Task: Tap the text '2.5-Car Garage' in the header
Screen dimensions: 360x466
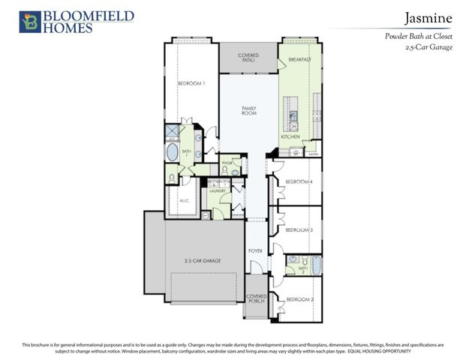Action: (430, 46)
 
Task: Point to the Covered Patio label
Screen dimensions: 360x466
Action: (248, 58)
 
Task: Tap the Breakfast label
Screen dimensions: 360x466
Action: (299, 58)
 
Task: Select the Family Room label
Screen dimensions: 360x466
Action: (249, 110)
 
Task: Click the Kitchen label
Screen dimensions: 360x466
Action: (290, 137)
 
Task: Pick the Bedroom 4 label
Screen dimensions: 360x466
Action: (299, 181)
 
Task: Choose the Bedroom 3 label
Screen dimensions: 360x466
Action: (299, 229)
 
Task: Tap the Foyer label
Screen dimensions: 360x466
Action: (255, 250)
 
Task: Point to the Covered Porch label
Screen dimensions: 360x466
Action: (257, 299)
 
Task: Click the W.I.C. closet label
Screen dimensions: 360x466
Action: (183, 200)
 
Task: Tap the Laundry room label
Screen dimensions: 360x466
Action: (218, 191)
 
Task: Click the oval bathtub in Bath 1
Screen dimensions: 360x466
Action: (172, 154)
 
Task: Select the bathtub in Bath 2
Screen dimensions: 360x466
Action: (314, 265)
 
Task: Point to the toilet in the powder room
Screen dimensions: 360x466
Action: (235, 172)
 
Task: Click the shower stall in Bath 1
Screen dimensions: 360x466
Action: (172, 133)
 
